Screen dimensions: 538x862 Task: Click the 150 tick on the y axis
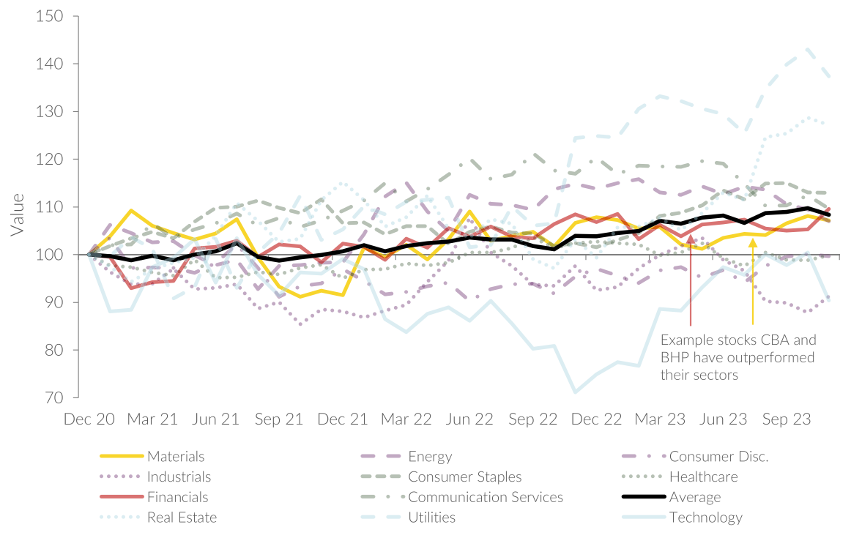point(49,16)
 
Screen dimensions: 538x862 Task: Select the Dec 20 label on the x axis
point(89,419)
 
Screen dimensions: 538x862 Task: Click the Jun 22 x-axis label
point(467,419)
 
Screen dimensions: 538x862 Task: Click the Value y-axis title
point(17,214)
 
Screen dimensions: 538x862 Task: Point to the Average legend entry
point(695,497)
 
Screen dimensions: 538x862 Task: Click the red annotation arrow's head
point(691,239)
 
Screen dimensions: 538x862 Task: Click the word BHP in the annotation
point(676,358)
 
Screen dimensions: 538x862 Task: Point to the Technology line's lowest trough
point(574,392)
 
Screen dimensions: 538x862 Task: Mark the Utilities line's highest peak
point(808,49)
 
